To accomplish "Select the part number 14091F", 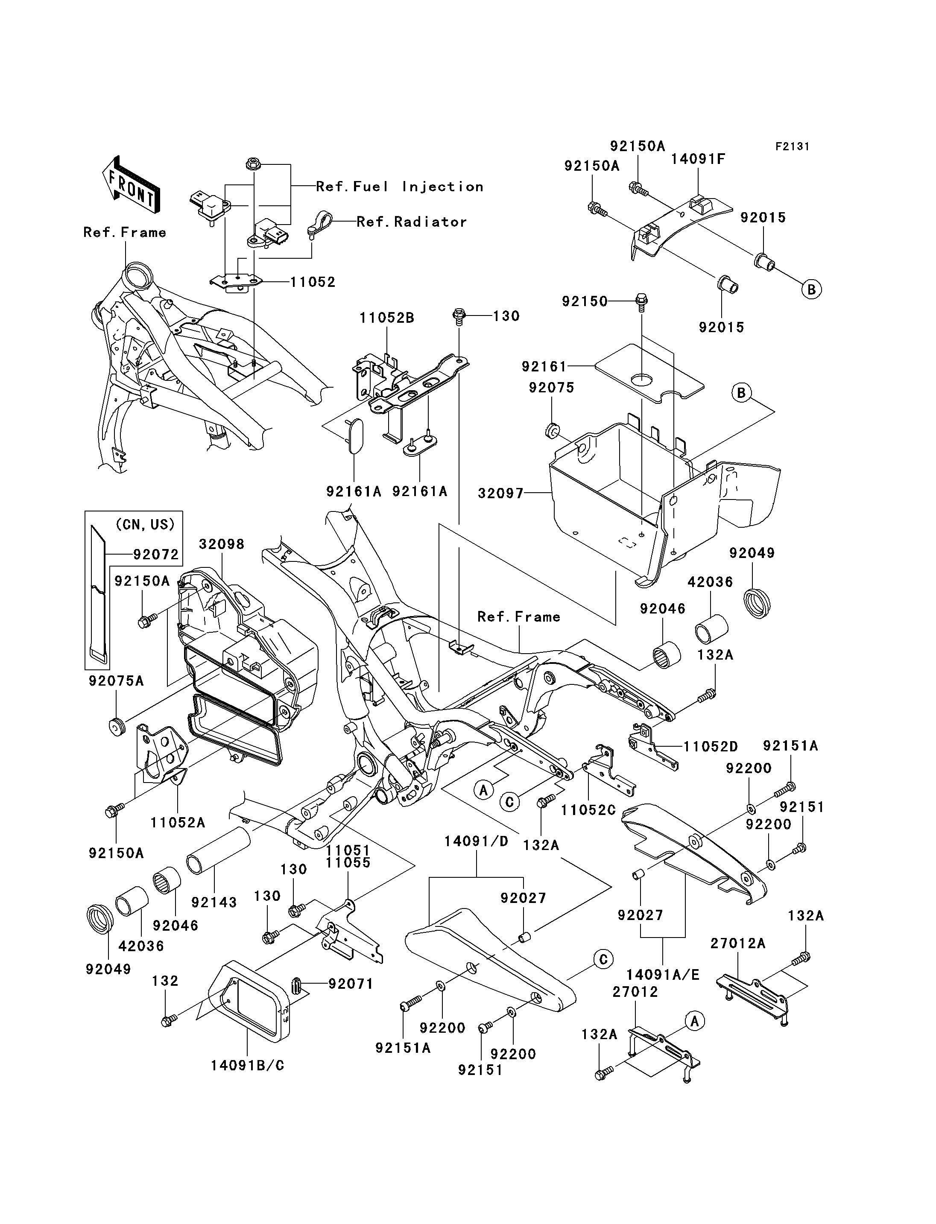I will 698,159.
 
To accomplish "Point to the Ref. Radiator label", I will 411,222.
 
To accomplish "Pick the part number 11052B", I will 387,318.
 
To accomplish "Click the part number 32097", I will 501,493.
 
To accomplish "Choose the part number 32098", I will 222,544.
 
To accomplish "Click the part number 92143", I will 214,902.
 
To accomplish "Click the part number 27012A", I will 738,943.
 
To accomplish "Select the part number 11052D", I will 711,747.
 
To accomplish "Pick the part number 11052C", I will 588,810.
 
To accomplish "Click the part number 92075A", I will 116,681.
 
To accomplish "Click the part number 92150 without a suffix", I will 585,301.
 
